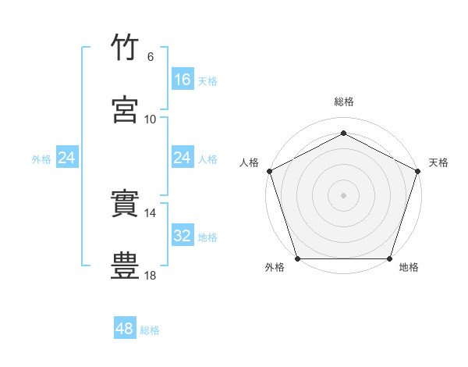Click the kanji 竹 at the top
point(125,47)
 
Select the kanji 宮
point(125,109)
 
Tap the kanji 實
point(125,203)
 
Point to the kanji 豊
point(125,265)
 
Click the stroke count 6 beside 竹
point(151,57)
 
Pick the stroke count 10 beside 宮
point(150,119)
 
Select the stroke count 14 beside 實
point(150,213)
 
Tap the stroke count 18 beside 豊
point(150,276)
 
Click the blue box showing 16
point(183,79)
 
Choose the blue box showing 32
point(183,234)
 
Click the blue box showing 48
point(125,327)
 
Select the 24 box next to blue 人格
point(183,157)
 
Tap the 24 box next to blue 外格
point(67,157)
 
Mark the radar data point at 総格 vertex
point(343,133)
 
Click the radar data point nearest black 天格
point(418,171)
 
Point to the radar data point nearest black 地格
point(389,258)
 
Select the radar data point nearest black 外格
point(298,258)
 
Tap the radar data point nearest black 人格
point(270,171)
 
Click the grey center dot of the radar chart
point(343,195)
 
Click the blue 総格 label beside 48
point(150,330)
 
